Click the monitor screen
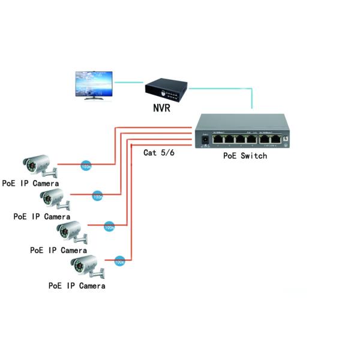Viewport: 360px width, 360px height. tap(93, 83)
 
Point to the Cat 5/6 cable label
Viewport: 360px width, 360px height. tap(158, 152)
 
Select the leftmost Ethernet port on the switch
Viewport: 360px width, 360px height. tap(218, 140)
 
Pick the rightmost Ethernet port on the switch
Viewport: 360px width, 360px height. tap(275, 140)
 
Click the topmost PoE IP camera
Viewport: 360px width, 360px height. tap(39, 164)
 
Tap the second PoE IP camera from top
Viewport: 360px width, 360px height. tap(52, 197)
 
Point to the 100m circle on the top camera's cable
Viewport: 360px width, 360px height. tap(86, 165)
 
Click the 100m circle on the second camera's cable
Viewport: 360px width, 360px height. tap(97, 196)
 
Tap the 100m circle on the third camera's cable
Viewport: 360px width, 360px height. tap(109, 227)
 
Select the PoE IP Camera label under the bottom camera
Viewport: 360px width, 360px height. tap(77, 286)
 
